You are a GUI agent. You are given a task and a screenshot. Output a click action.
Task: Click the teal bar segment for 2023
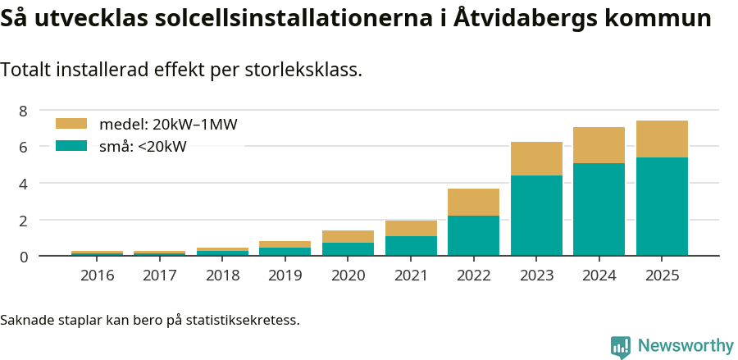click(x=536, y=215)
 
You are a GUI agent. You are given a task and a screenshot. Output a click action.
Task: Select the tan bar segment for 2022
click(x=473, y=202)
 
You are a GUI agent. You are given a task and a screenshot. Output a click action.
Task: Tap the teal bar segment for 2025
click(x=662, y=206)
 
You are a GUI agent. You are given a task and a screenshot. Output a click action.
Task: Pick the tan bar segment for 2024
click(x=599, y=145)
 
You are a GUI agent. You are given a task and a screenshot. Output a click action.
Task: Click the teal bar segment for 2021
click(x=411, y=246)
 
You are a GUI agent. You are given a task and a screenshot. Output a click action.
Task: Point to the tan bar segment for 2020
click(x=348, y=236)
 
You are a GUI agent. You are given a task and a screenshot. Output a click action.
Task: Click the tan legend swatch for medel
click(x=71, y=124)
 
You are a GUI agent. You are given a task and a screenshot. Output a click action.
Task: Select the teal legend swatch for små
click(x=71, y=146)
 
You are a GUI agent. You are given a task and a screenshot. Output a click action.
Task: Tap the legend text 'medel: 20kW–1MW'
click(x=168, y=125)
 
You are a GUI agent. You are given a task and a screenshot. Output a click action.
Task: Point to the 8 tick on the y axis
click(x=23, y=111)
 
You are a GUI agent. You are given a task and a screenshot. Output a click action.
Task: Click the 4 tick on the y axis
click(x=23, y=184)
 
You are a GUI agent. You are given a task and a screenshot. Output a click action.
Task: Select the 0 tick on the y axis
click(x=23, y=257)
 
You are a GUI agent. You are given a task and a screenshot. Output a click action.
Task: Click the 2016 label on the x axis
click(x=97, y=276)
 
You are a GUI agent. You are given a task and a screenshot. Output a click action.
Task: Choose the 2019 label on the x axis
click(x=285, y=276)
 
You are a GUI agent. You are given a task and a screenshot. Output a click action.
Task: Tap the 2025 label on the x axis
click(x=662, y=276)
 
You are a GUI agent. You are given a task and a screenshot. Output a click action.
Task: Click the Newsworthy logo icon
click(x=621, y=346)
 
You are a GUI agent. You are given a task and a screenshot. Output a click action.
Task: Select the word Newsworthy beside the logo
click(x=685, y=346)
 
